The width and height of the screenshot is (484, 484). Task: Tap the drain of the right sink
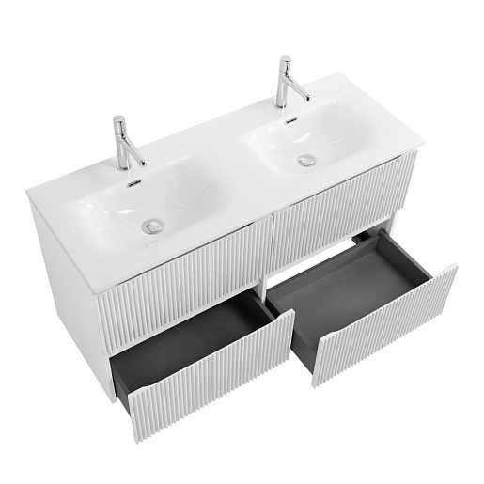305,160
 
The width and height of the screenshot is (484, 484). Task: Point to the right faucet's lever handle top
283,61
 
